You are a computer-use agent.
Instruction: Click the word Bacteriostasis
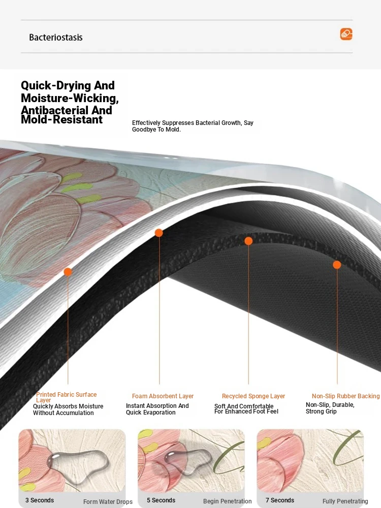coord(56,37)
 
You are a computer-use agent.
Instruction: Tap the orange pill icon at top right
coord(346,34)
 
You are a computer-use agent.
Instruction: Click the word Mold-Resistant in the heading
coord(61,119)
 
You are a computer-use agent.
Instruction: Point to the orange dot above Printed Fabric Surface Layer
coord(68,272)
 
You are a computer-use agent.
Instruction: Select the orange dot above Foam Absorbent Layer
coord(158,233)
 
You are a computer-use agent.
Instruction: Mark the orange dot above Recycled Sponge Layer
coord(248,241)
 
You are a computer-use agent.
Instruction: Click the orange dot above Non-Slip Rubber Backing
coord(337,265)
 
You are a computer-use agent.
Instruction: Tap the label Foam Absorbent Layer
coord(163,396)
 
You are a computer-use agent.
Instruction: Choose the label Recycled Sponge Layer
coord(253,396)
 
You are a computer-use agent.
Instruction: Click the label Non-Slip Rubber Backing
coord(345,396)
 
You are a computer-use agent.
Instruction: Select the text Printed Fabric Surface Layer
coord(67,397)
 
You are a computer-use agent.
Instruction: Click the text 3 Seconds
coord(40,500)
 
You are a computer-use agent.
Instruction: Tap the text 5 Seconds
coord(161,500)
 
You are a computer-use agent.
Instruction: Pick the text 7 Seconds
coord(280,500)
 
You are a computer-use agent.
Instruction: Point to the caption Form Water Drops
coord(108,501)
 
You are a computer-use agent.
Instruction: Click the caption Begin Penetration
coord(228,501)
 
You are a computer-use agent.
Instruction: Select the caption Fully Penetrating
coord(345,501)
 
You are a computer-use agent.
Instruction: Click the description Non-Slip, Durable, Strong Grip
coord(330,408)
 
